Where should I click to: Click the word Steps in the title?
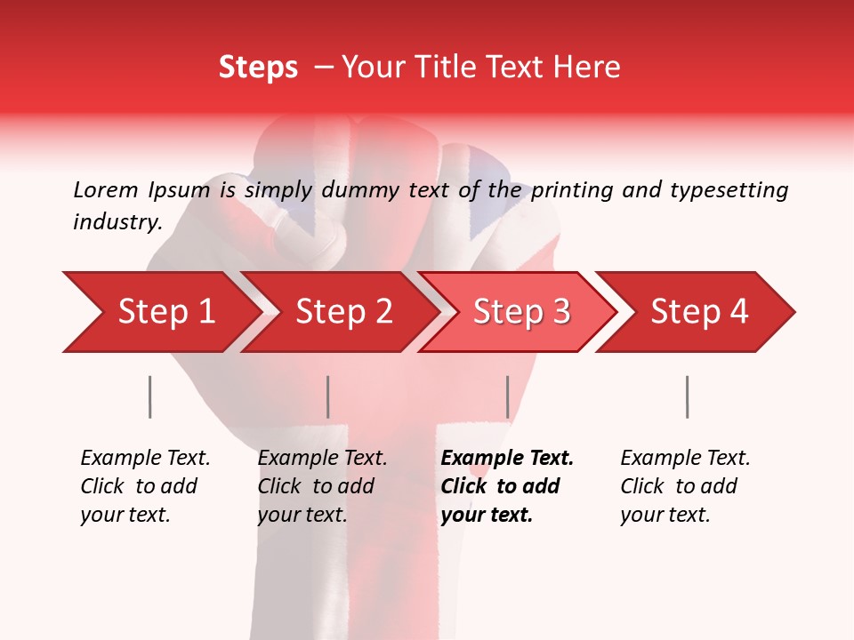pos(258,68)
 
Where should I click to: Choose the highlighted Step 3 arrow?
pos(521,311)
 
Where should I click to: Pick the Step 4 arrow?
pos(699,311)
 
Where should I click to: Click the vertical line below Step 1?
pos(150,396)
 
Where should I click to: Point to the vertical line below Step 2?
pos(328,396)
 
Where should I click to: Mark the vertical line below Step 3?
pos(507,396)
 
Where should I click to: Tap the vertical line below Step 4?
pos(687,396)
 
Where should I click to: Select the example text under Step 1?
pos(145,486)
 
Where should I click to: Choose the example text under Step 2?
pos(322,486)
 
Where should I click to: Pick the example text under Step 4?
pos(685,486)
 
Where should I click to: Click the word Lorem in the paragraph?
pos(106,189)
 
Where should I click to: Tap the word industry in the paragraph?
pos(117,222)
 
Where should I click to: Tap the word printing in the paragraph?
pos(570,190)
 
